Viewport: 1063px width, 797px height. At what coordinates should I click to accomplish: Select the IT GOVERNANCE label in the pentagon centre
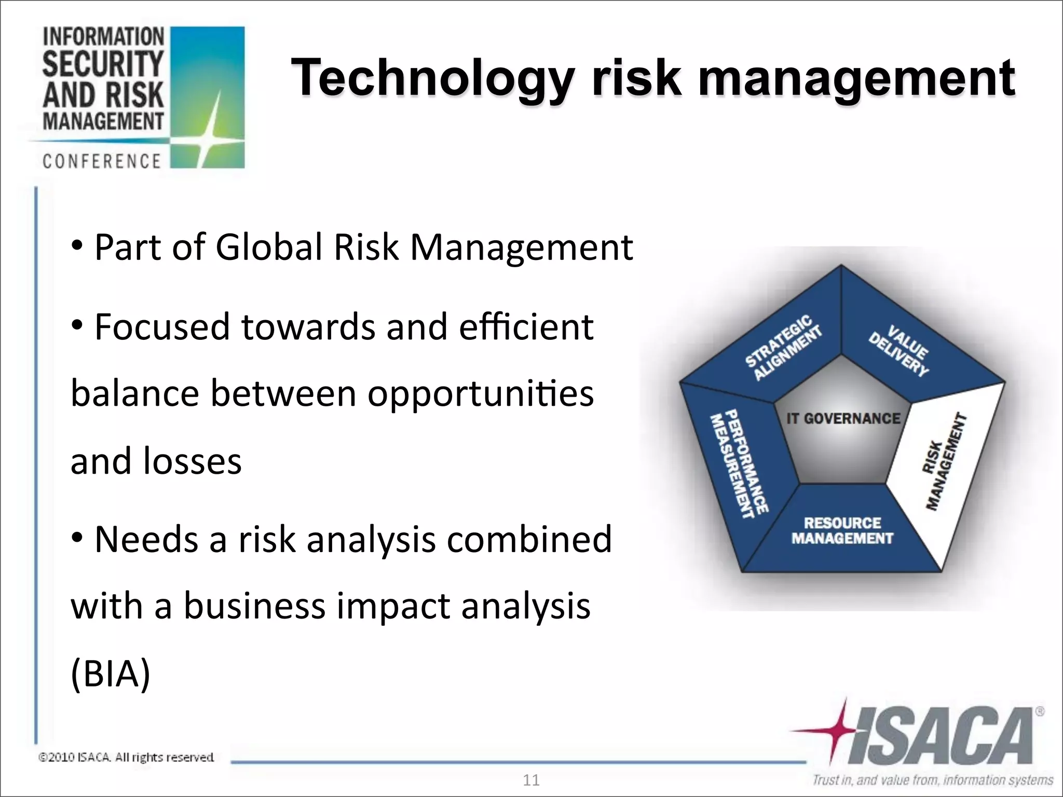click(843, 418)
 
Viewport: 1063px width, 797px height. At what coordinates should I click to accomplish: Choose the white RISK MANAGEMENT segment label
click(944, 461)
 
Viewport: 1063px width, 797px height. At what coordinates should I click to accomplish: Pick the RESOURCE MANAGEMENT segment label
click(842, 530)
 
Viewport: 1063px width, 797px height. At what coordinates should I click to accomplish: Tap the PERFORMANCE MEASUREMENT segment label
click(739, 463)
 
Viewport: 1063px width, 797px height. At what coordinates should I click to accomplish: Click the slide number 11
click(531, 780)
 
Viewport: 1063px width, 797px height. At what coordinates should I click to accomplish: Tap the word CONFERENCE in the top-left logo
click(102, 161)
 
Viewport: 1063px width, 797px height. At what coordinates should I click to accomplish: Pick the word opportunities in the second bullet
click(480, 393)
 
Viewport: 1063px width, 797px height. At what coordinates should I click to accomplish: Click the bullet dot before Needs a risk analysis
click(77, 538)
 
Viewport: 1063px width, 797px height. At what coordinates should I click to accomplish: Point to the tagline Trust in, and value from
click(932, 780)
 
